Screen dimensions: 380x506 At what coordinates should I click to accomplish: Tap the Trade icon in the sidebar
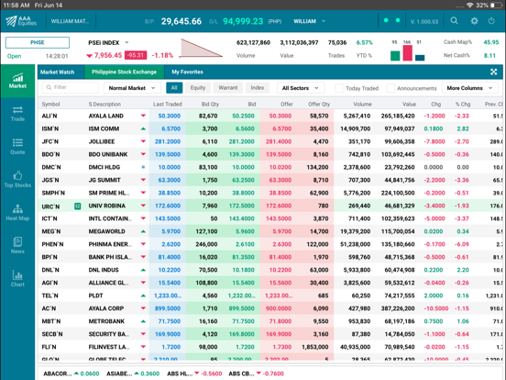point(17,112)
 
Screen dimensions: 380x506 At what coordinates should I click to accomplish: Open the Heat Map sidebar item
point(17,213)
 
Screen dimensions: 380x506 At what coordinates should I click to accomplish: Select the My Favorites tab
point(187,72)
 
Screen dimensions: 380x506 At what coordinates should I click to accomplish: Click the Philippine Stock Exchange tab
point(125,72)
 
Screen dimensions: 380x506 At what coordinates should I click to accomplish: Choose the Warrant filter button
point(227,88)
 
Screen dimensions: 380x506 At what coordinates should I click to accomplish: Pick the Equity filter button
point(198,88)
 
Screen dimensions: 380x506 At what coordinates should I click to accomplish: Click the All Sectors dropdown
point(300,88)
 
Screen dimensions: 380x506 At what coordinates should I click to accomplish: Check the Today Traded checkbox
point(339,88)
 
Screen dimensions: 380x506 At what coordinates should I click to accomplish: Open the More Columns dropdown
point(469,88)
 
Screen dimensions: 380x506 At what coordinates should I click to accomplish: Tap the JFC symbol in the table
point(49,142)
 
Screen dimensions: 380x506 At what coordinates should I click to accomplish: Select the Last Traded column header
point(167,105)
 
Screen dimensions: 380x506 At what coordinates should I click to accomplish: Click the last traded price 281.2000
point(168,142)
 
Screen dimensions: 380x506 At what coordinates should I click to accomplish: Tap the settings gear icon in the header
point(474,20)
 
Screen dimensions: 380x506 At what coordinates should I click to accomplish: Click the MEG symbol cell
point(50,232)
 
